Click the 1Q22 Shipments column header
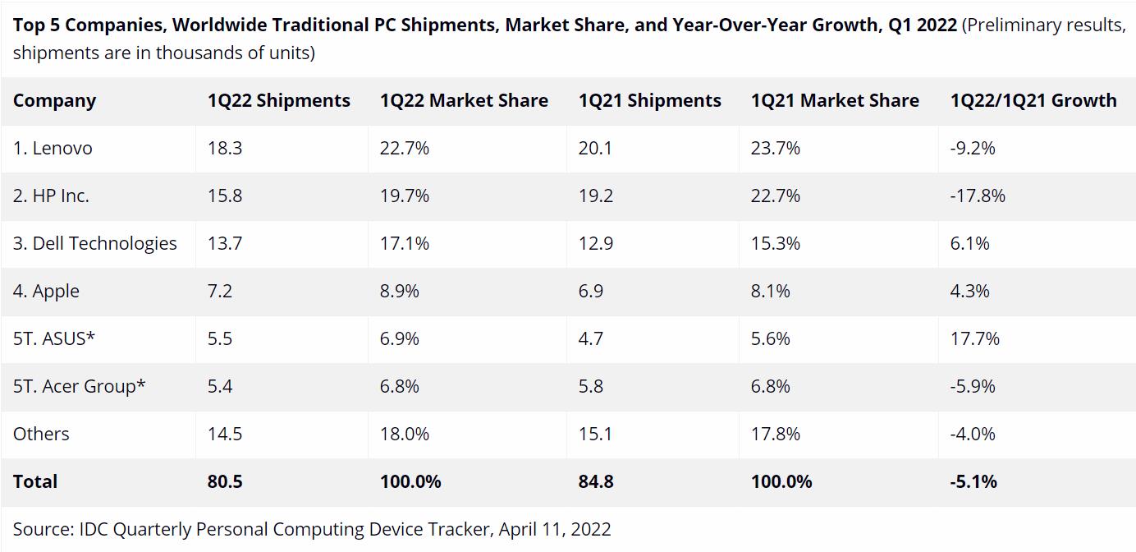[278, 100]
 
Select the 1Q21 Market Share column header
[835, 100]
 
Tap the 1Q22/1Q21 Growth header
[1033, 100]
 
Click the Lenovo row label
[53, 148]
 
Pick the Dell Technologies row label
[94, 243]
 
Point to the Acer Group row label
[79, 386]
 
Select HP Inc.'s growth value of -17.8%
[978, 195]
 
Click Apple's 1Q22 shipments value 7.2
[219, 291]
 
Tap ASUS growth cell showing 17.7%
[975, 338]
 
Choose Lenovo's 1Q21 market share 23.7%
[775, 148]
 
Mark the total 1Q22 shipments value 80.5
[225, 481]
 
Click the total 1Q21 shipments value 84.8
[596, 481]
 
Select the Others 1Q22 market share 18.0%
[404, 434]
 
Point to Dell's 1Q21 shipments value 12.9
[595, 243]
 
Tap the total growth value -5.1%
[973, 481]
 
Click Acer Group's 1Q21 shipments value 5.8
[590, 386]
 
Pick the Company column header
[54, 100]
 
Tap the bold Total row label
[35, 481]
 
